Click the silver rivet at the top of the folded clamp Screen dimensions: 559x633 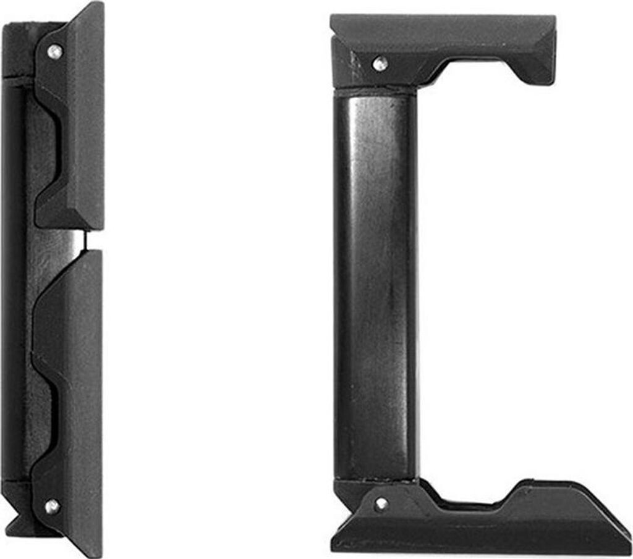tap(54, 51)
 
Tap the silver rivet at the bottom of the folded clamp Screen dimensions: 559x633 tap(52, 506)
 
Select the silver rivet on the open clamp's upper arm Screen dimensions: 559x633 tap(380, 62)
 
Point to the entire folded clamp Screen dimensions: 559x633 tap(53, 278)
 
